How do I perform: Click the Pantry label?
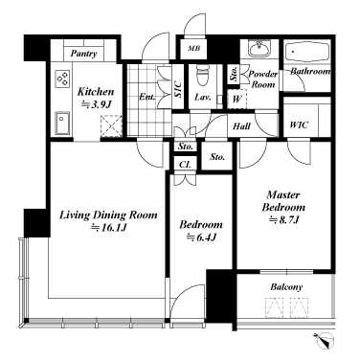(83, 54)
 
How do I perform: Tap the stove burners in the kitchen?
(62, 79)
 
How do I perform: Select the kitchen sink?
(62, 124)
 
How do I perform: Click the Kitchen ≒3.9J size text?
(96, 98)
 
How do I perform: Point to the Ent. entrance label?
(146, 97)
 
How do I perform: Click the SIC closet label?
(178, 90)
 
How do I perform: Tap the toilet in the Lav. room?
(202, 76)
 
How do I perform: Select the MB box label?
(193, 49)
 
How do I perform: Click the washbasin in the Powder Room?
(259, 50)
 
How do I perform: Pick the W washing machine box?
(236, 100)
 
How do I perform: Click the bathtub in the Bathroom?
(307, 53)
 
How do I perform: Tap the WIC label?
(299, 124)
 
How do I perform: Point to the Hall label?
(241, 126)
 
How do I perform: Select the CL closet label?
(185, 165)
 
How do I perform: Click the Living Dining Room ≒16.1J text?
(108, 221)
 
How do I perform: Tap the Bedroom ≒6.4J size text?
(201, 231)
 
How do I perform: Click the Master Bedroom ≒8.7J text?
(283, 207)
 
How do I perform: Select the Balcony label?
(286, 287)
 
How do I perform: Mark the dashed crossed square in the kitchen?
(111, 126)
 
